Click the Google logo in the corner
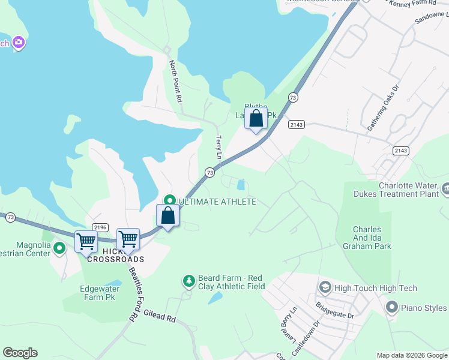pyautogui.click(x=20, y=353)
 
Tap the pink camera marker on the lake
pyautogui.click(x=19, y=42)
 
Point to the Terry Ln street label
pyautogui.click(x=219, y=147)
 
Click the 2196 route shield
pyautogui.click(x=100, y=227)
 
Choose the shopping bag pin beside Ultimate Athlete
pyautogui.click(x=168, y=215)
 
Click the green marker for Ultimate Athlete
pyautogui.click(x=169, y=201)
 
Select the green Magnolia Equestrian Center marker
pyautogui.click(x=59, y=247)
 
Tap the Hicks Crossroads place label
pyautogui.click(x=115, y=255)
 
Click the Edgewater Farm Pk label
pyautogui.click(x=91, y=293)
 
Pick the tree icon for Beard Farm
pyautogui.click(x=189, y=281)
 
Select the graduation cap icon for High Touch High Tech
pyautogui.click(x=325, y=288)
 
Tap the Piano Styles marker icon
pyautogui.click(x=392, y=308)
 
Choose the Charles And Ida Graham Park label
pyautogui.click(x=372, y=238)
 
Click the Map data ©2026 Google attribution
pyautogui.click(x=412, y=355)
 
